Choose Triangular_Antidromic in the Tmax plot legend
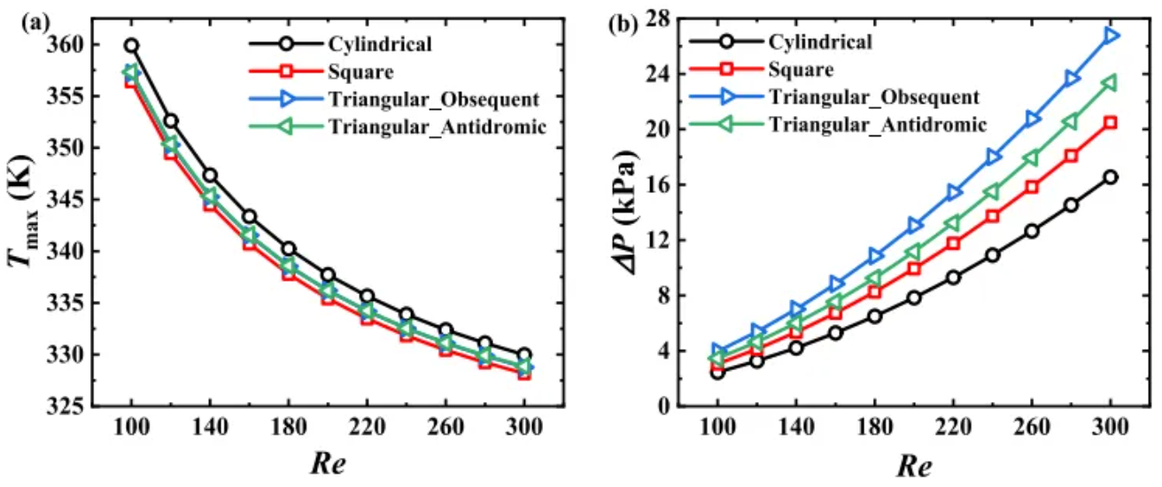click(x=438, y=126)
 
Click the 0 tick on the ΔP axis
click(x=664, y=406)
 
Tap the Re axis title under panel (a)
click(x=327, y=463)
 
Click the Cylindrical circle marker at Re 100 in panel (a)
click(x=131, y=45)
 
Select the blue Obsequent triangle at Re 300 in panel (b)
click(x=1111, y=35)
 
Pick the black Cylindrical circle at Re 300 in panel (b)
click(x=1111, y=177)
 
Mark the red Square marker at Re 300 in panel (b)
click(x=1111, y=122)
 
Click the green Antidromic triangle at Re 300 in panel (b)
click(x=1111, y=82)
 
